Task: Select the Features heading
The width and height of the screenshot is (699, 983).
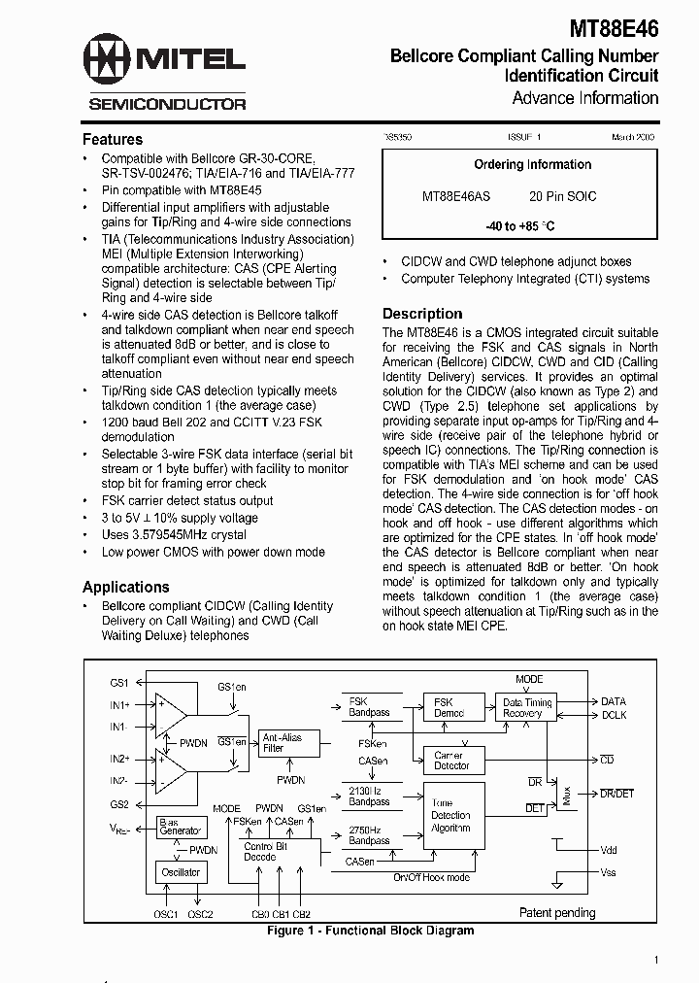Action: coord(113,139)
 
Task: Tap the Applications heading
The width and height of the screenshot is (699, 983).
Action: coord(126,587)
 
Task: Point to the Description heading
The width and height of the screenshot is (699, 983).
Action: coord(422,314)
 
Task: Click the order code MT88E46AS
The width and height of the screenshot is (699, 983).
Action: coord(457,196)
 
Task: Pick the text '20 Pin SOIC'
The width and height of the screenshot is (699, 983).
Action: coord(563,196)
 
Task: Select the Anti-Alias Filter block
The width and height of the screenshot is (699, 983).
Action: coord(283,743)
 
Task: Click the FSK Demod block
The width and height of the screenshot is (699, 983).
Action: coord(449,707)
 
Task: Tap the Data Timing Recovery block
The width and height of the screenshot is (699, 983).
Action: coord(527,707)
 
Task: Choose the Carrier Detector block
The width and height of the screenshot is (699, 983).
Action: coord(449,760)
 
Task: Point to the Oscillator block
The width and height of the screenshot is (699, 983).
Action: coord(181,872)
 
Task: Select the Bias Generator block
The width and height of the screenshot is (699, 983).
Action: coord(181,827)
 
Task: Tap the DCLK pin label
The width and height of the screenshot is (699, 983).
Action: coord(614,715)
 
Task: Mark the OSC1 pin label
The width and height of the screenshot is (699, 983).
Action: coord(166,914)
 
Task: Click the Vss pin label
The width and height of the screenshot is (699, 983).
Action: coord(609,872)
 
